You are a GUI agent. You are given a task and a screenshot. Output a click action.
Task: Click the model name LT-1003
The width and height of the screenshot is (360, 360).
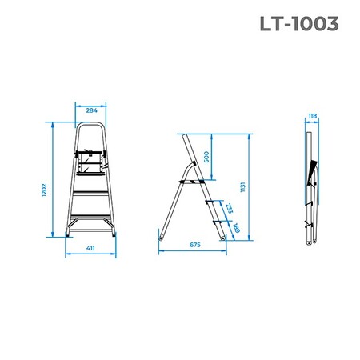click(299, 24)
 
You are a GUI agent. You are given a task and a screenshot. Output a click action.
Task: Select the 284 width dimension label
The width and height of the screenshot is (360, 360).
click(91, 110)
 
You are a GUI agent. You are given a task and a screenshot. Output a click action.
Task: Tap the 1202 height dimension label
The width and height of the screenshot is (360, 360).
click(44, 190)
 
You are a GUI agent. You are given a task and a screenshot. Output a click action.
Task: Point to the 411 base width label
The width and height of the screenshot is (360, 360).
click(90, 248)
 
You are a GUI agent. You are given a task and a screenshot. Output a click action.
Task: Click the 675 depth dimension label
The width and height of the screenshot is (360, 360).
click(195, 245)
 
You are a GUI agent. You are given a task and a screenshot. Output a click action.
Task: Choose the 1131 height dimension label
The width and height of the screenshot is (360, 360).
click(242, 187)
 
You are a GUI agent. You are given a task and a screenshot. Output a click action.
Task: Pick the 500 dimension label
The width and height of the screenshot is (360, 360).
click(206, 157)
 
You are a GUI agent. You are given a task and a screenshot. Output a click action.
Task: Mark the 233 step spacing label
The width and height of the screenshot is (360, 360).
click(229, 208)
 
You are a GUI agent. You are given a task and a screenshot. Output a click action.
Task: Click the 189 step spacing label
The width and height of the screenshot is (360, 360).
click(236, 228)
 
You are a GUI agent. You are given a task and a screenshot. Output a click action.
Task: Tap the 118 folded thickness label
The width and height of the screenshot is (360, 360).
click(313, 116)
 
